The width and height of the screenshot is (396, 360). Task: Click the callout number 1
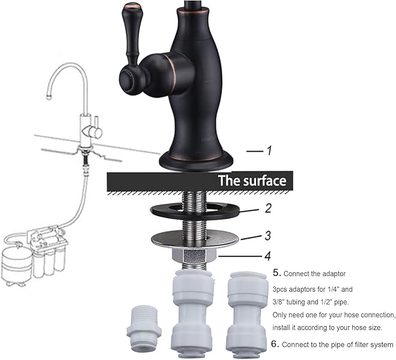[x=269, y=151]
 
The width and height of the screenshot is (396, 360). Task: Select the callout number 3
[x=268, y=236]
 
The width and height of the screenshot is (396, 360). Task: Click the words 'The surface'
[x=252, y=180]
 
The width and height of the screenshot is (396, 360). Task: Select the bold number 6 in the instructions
[x=276, y=344]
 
